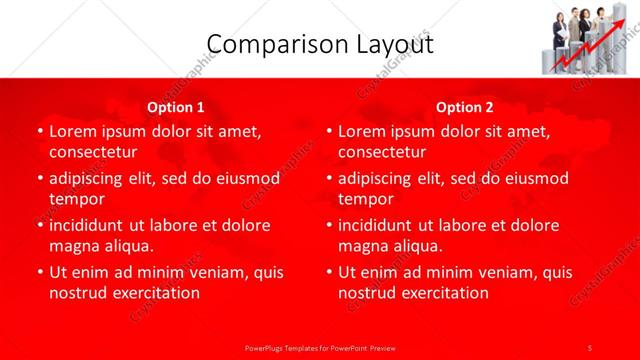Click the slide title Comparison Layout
[320, 44]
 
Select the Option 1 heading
[176, 107]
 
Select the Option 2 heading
[465, 107]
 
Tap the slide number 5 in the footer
[590, 347]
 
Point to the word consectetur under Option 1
[93, 152]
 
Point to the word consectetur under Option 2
[382, 152]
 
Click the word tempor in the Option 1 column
[76, 199]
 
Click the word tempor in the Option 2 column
[365, 199]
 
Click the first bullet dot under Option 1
[39, 132]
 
